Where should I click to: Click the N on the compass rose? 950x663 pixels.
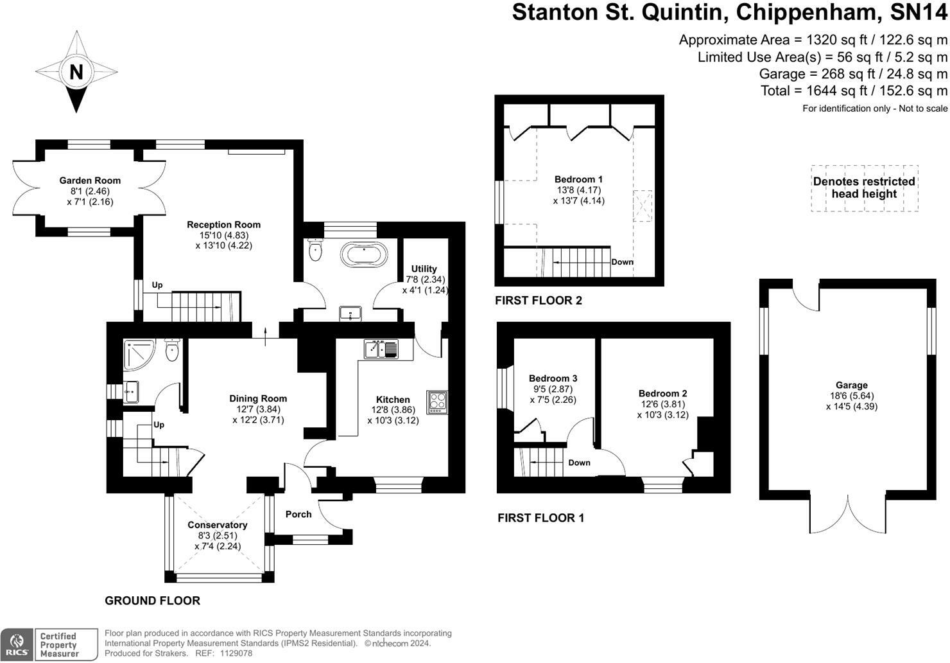coord(76,72)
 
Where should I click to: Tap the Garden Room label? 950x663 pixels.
coord(90,181)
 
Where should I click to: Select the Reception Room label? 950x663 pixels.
coord(223,225)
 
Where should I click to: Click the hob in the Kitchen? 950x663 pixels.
coord(437,402)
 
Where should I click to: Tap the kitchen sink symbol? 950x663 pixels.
coord(381,349)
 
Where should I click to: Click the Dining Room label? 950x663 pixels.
coord(258,398)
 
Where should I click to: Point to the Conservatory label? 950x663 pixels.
coord(218,525)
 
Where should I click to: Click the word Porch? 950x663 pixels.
coord(298,514)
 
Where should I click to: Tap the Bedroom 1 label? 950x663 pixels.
coord(578,179)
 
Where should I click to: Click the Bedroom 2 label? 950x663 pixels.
coord(662,393)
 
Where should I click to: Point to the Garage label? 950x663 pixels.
coord(851,385)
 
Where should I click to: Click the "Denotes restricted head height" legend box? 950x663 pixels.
coord(864,188)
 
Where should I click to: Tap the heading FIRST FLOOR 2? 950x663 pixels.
coord(538,300)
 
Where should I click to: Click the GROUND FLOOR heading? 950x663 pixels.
coord(152,601)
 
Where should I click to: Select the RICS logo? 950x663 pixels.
coord(17,644)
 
